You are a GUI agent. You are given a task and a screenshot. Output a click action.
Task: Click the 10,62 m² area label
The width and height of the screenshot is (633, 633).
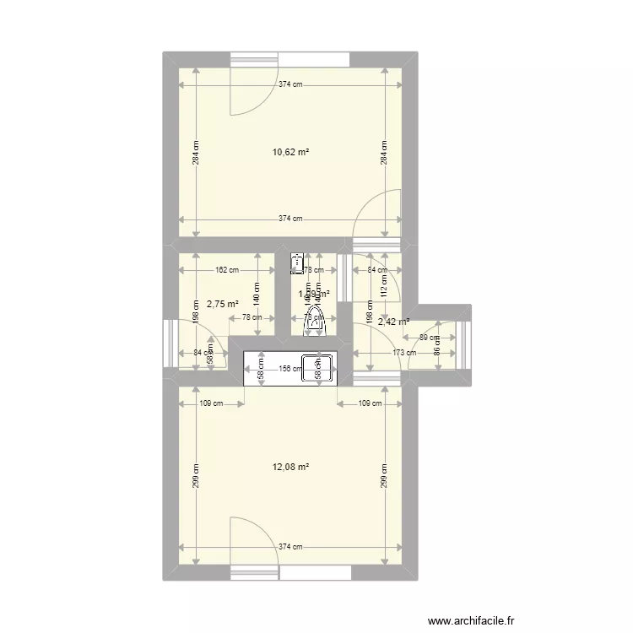pyautogui.click(x=290, y=153)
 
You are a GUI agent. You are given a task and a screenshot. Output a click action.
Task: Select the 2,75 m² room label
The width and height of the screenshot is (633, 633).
pyautogui.click(x=223, y=304)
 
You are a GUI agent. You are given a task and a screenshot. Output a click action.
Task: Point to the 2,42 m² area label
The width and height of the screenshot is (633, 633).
pyautogui.click(x=393, y=322)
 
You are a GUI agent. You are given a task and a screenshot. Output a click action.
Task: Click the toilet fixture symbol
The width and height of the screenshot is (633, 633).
pyautogui.click(x=313, y=322)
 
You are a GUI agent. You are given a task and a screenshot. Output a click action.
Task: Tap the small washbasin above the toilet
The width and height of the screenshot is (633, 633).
pyautogui.click(x=296, y=263)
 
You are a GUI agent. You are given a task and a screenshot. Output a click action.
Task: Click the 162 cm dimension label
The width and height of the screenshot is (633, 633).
pyautogui.click(x=227, y=270)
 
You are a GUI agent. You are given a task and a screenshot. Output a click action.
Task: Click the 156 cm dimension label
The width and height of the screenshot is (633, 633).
pyautogui.click(x=290, y=368)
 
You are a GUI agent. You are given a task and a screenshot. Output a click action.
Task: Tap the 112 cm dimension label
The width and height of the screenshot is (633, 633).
pyautogui.click(x=383, y=289)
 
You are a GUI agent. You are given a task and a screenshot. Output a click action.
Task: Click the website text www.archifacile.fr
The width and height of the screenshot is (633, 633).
pyautogui.click(x=470, y=620)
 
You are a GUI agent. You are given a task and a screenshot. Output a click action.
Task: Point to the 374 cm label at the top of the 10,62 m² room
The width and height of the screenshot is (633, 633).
pyautogui.click(x=290, y=84)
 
